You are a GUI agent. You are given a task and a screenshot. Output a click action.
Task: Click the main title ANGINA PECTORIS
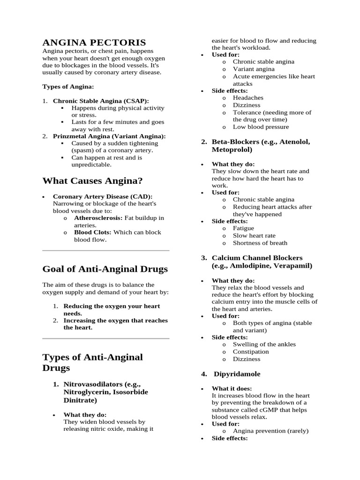click(94, 42)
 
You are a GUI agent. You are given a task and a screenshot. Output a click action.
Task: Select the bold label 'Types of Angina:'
click(68, 87)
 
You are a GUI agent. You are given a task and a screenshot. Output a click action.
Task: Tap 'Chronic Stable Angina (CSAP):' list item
click(101, 101)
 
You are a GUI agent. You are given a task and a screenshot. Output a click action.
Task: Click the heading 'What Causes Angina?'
click(92, 181)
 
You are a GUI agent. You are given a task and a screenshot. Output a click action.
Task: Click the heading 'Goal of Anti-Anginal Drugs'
click(105, 269)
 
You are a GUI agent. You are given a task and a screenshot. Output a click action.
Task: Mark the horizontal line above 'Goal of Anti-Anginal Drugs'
click(105, 251)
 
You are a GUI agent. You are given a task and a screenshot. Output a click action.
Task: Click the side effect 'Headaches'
click(248, 98)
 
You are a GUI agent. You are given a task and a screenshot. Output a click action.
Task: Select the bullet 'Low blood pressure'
click(261, 127)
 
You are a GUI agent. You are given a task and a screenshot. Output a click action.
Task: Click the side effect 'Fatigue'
click(243, 228)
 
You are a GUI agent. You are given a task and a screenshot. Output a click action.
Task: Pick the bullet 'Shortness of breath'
click(260, 243)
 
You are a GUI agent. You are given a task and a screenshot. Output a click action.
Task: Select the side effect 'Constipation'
click(251, 352)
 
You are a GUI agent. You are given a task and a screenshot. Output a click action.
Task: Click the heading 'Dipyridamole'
click(237, 374)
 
